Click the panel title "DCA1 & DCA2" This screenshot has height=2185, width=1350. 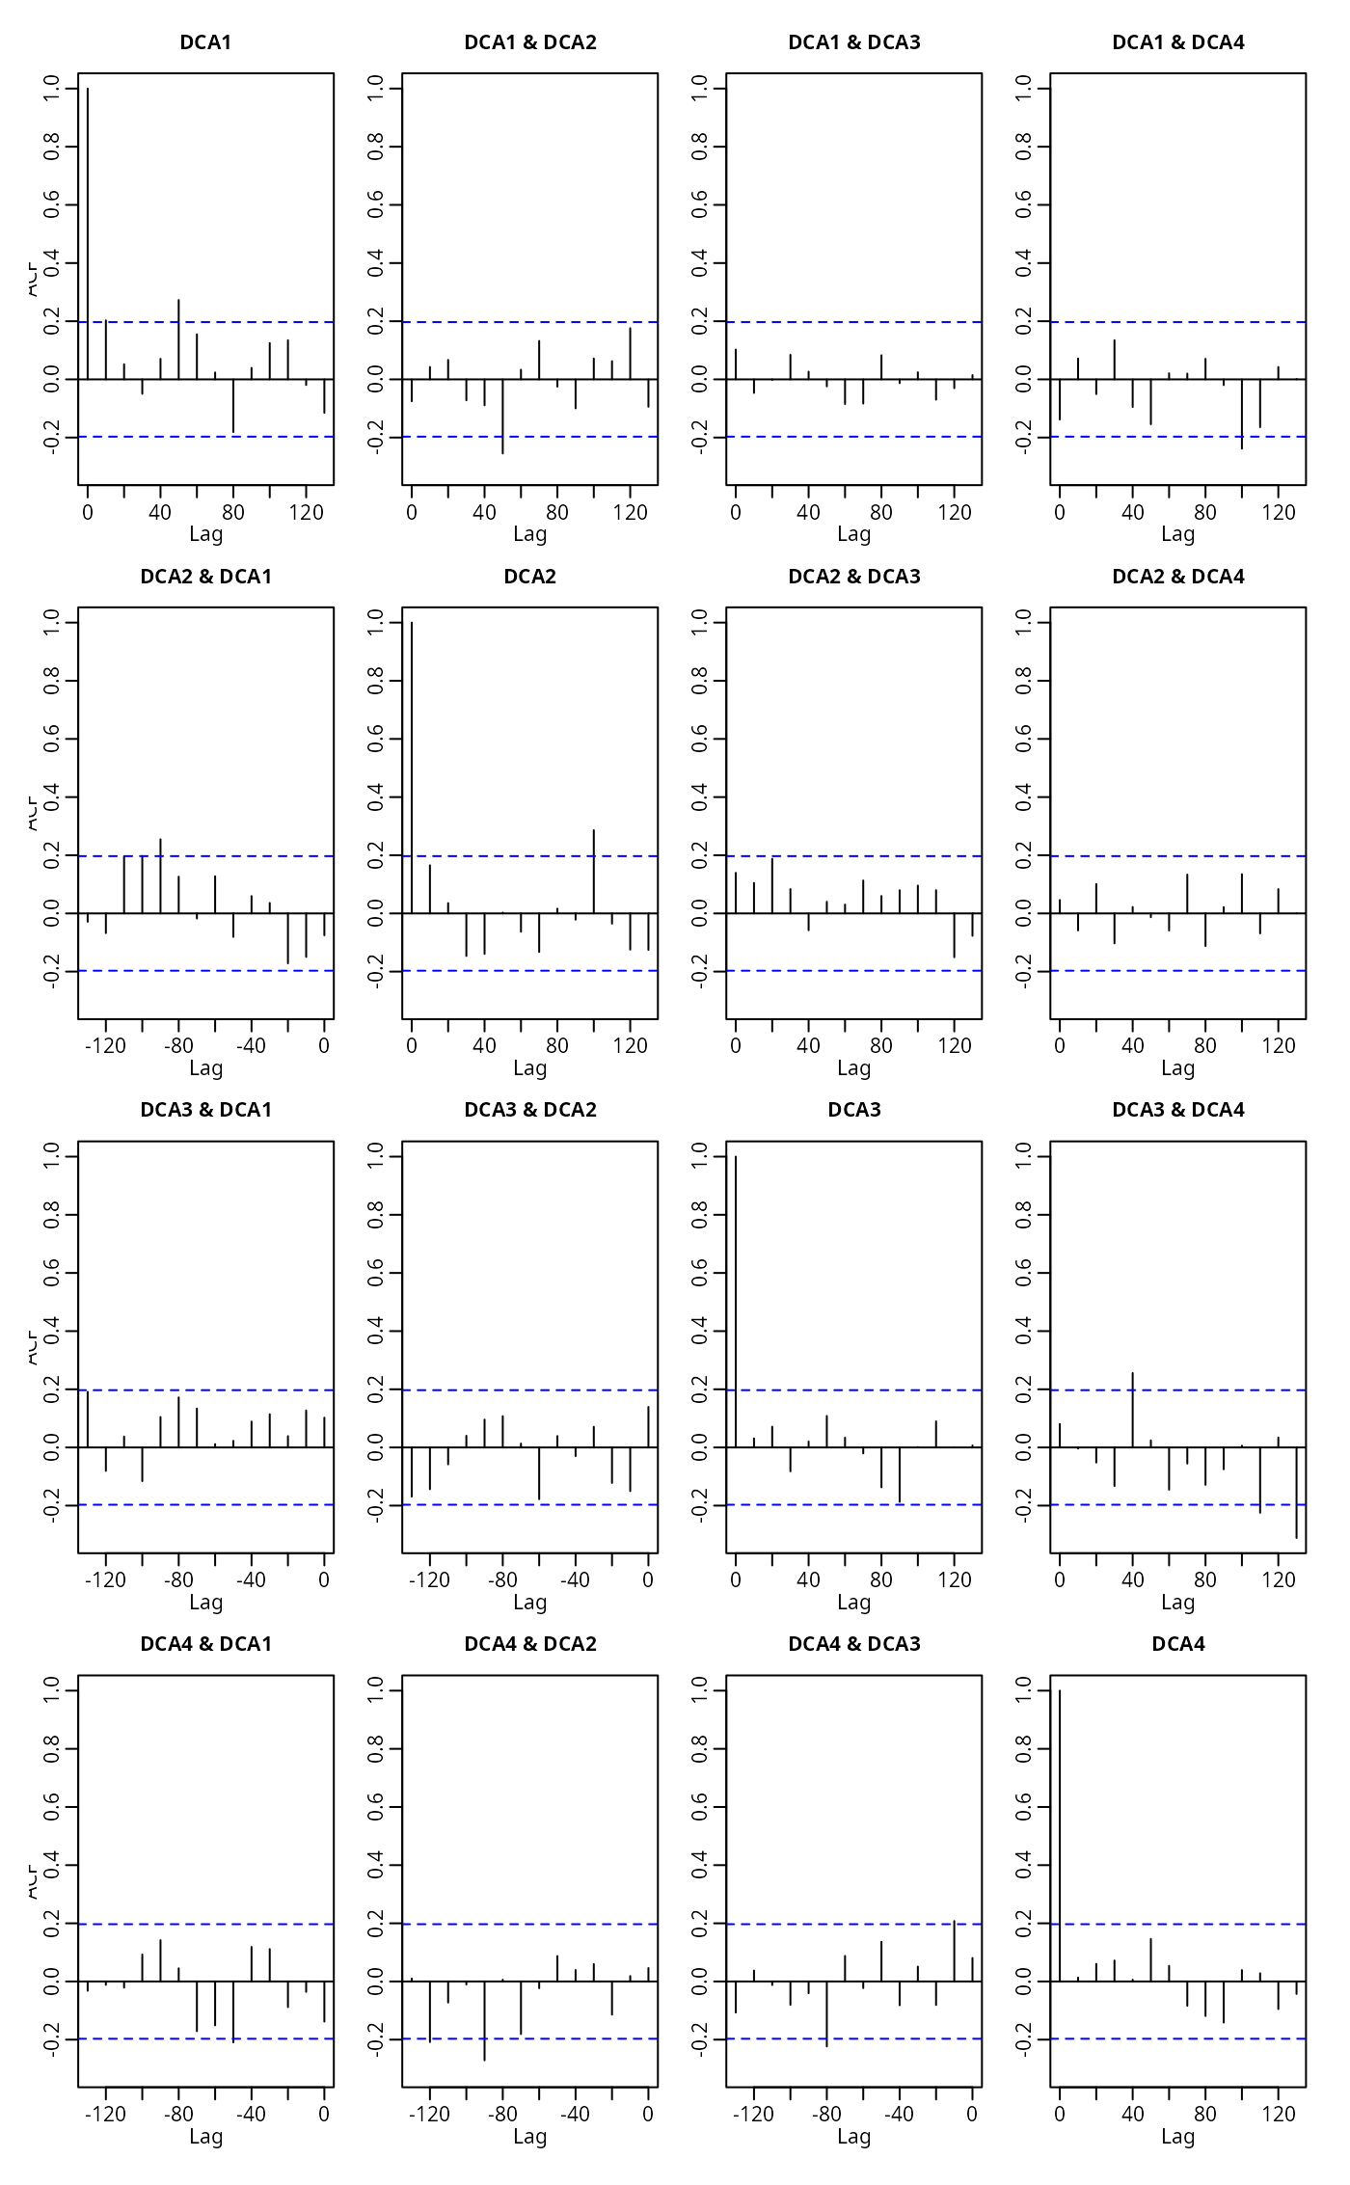click(529, 42)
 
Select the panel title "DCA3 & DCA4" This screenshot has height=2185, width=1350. click(1177, 1110)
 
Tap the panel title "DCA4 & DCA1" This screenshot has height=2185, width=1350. click(205, 1644)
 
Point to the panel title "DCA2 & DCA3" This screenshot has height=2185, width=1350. click(853, 577)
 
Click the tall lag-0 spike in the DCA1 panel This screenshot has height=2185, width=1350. click(88, 231)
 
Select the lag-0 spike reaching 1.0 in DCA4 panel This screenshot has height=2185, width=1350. click(1060, 1832)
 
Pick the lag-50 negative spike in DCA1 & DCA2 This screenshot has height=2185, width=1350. click(502, 417)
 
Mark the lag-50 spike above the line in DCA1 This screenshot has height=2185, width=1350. click(178, 339)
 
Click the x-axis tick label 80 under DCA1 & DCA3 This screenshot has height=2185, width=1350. click(881, 513)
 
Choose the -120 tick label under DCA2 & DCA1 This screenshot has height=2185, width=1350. click(105, 1046)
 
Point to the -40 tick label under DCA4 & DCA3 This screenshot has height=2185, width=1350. click(899, 2115)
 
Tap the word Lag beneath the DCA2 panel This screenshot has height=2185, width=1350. click(529, 1068)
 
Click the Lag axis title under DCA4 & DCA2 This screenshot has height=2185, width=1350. click(529, 2137)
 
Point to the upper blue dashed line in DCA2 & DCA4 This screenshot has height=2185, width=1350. click(1177, 856)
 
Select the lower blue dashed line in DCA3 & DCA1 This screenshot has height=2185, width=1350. click(205, 1504)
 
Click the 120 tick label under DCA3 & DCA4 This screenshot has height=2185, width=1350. click(1279, 1580)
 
